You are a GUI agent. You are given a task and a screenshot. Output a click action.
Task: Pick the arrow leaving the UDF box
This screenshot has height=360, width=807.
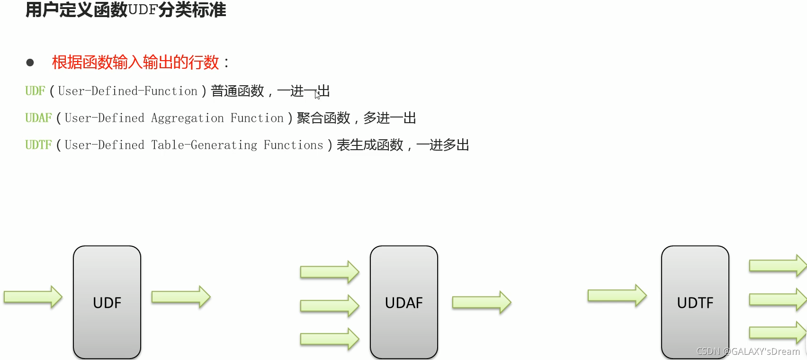pyautogui.click(x=181, y=297)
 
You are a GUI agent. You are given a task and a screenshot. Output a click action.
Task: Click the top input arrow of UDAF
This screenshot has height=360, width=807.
pyautogui.click(x=330, y=272)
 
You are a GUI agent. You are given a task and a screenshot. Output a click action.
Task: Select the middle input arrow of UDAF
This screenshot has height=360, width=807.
pyautogui.click(x=330, y=306)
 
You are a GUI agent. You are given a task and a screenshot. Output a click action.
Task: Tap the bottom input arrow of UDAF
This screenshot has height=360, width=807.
pyautogui.click(x=330, y=339)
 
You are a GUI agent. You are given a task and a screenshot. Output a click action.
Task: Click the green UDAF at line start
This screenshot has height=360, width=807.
pyautogui.click(x=38, y=118)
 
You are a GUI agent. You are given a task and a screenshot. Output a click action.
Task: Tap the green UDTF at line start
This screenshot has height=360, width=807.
pyautogui.click(x=38, y=145)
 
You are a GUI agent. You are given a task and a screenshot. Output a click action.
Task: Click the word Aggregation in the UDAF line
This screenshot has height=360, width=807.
pyautogui.click(x=187, y=118)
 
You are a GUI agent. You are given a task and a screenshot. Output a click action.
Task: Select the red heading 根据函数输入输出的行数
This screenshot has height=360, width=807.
pyautogui.click(x=135, y=62)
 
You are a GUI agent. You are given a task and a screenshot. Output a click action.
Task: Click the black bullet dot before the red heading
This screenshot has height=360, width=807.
pyautogui.click(x=30, y=63)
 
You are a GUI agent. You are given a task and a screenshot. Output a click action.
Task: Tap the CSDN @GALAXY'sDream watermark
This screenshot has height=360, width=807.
pyautogui.click(x=748, y=351)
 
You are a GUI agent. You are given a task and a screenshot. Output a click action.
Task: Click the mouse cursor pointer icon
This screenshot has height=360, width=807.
pyautogui.click(x=317, y=95)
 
